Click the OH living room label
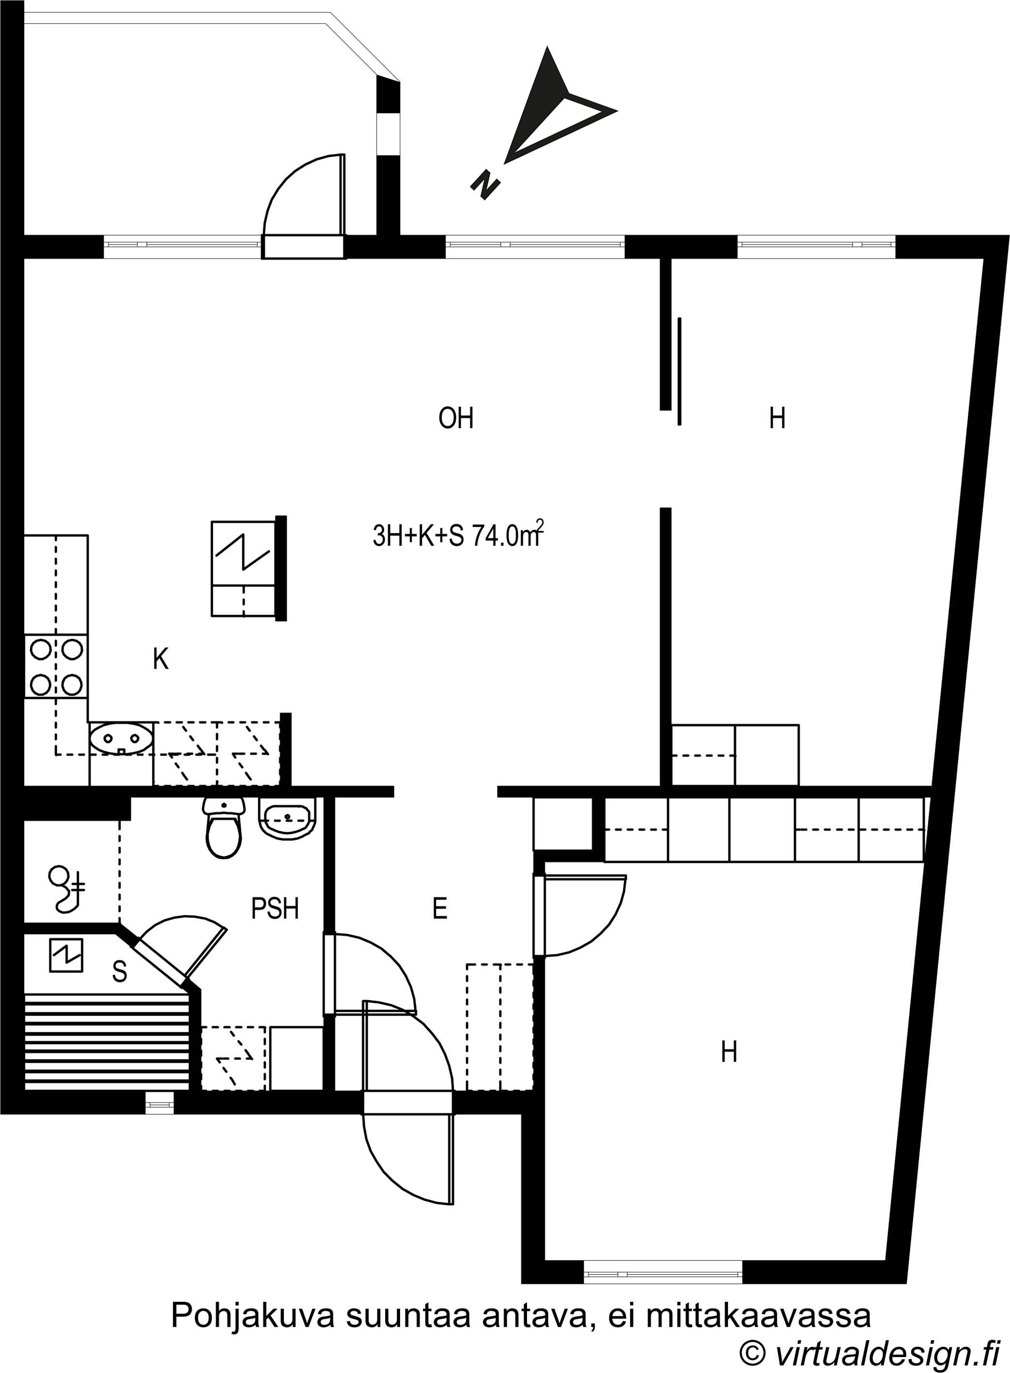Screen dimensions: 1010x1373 click(456, 419)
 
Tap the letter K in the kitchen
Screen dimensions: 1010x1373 click(160, 659)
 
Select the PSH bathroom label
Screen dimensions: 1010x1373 click(275, 909)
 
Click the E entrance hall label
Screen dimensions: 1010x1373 click(439, 909)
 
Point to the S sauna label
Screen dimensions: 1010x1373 click(120, 972)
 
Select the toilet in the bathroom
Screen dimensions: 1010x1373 click(224, 827)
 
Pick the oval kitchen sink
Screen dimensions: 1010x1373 click(121, 739)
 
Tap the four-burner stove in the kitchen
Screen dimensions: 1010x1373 click(56, 667)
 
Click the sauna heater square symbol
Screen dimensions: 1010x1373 click(66, 956)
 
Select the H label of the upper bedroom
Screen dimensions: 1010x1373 click(777, 419)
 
